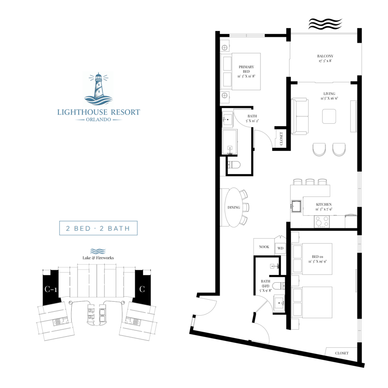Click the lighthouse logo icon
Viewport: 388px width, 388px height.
[98, 89]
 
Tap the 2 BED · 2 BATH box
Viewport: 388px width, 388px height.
[98, 228]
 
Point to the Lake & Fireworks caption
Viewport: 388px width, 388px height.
[98, 259]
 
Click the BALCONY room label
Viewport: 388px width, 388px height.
[325, 56]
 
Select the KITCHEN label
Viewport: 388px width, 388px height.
[323, 205]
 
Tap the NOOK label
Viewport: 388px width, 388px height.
[264, 247]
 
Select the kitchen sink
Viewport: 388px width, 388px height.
[296, 206]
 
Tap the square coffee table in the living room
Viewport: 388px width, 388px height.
[330, 116]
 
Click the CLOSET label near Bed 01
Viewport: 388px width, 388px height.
[341, 353]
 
